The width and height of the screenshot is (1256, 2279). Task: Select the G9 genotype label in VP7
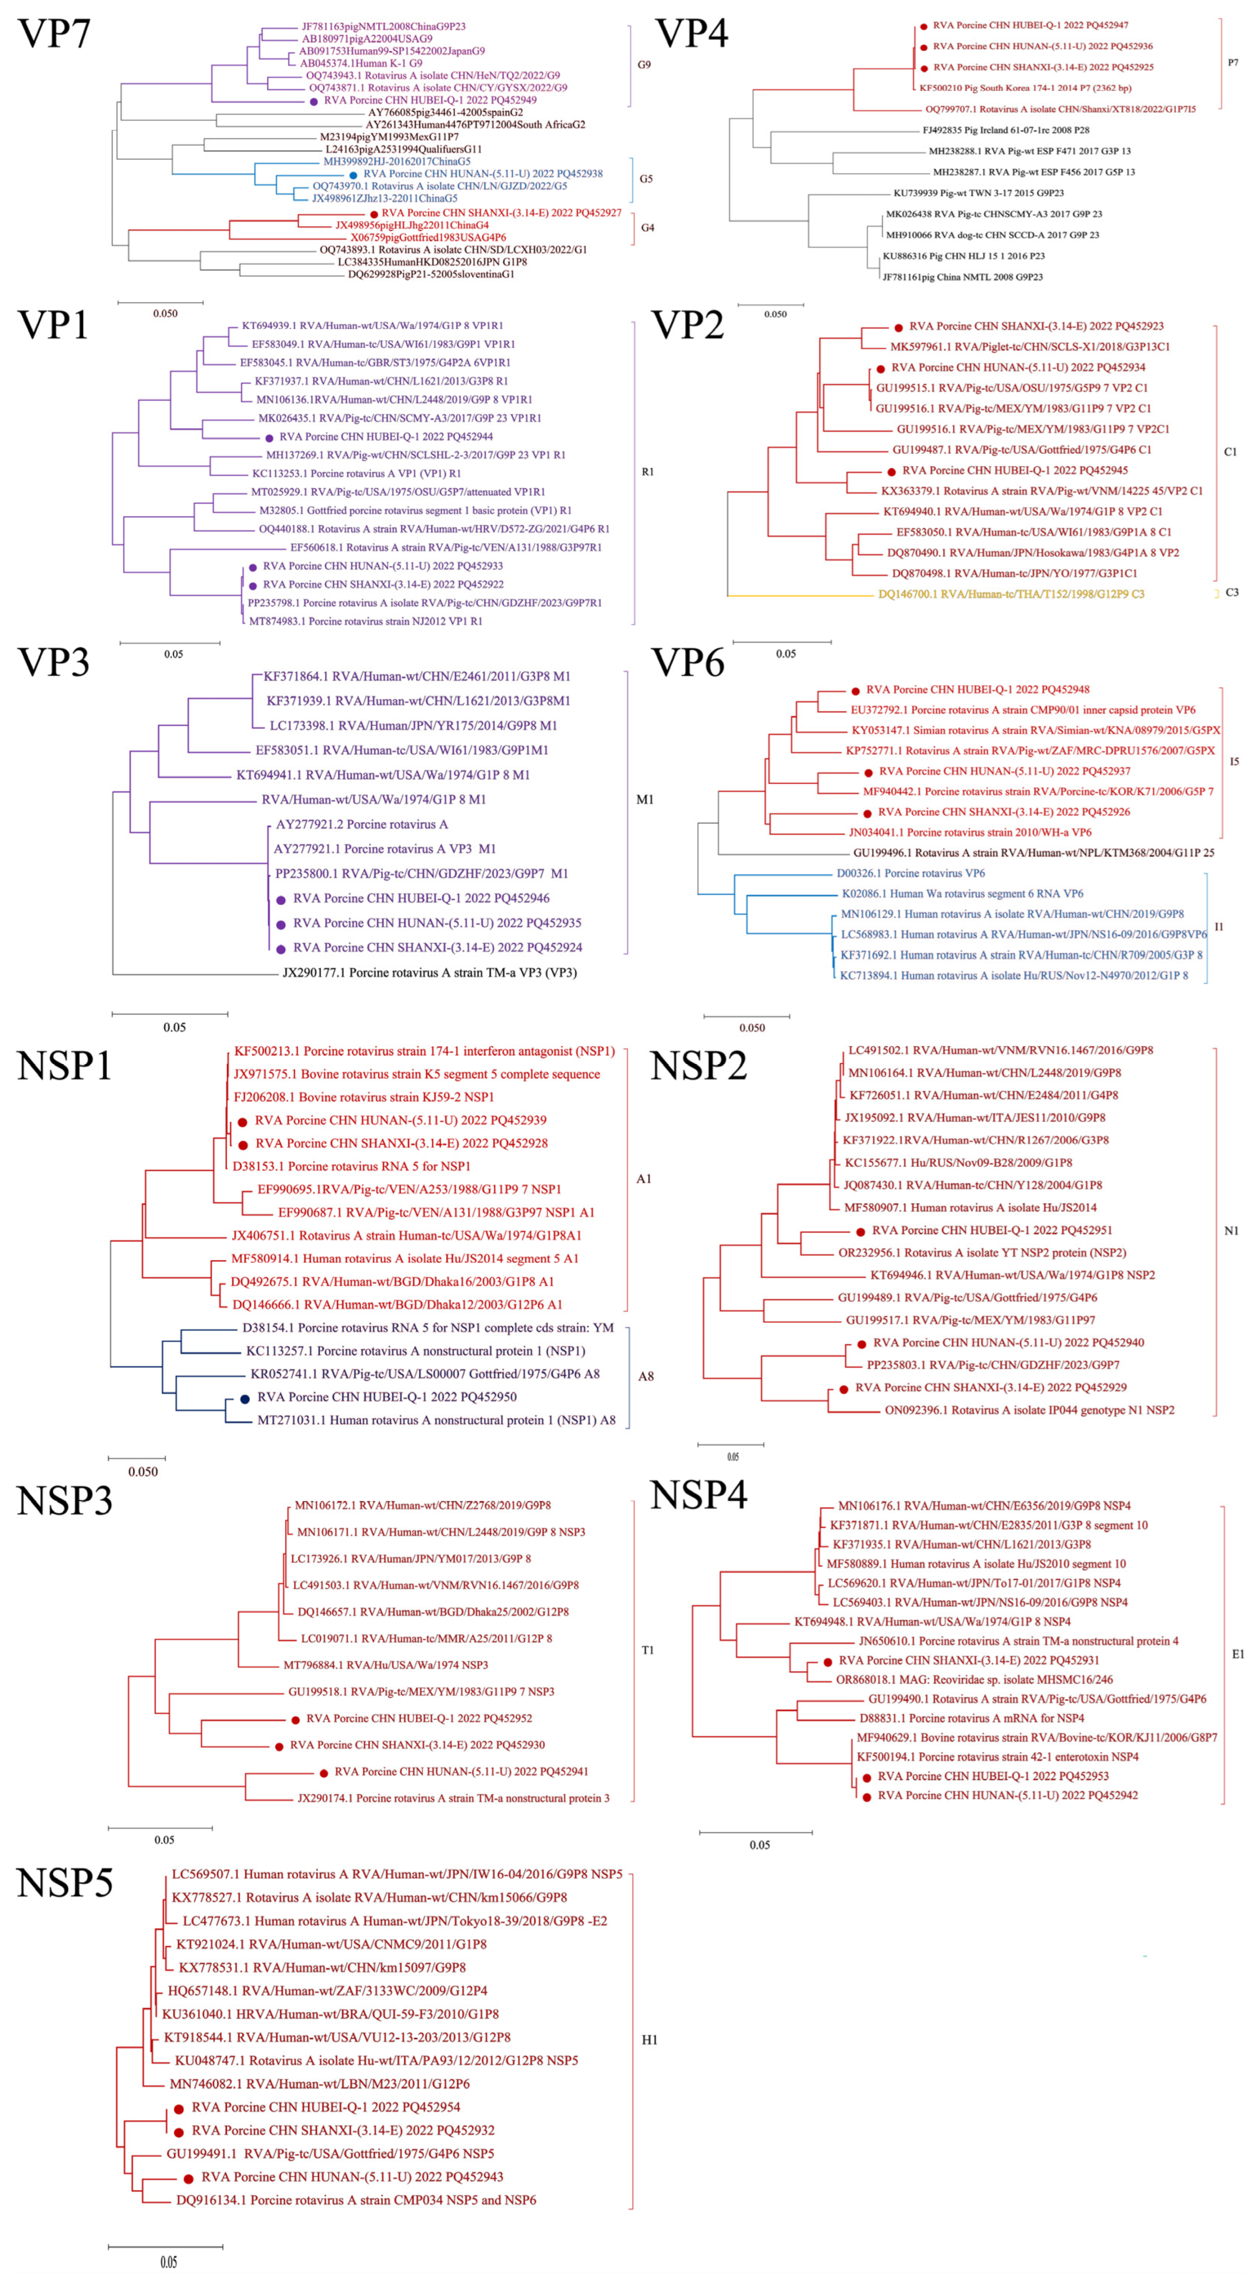[x=644, y=65]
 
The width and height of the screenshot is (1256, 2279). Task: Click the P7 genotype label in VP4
[x=1233, y=63]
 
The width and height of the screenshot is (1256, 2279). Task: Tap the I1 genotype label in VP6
[x=1219, y=927]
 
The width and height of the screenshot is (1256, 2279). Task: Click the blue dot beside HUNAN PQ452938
[x=354, y=175]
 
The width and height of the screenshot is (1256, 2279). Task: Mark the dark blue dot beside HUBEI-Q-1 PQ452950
[x=245, y=1399]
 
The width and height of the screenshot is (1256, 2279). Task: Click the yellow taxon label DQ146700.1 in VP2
[x=1010, y=595]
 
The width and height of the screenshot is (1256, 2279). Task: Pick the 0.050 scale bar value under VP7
[x=166, y=313]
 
